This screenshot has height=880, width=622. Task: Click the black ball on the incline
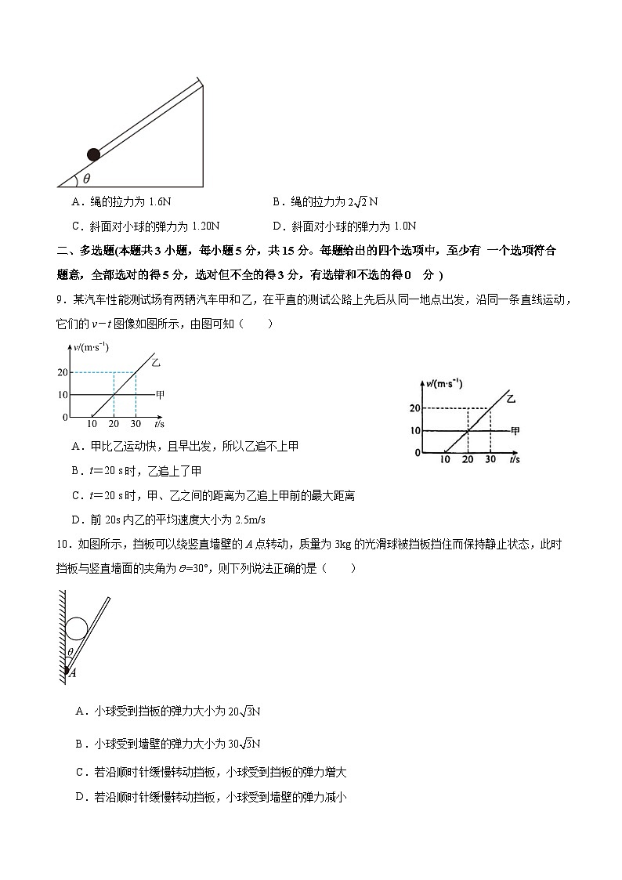coord(93,154)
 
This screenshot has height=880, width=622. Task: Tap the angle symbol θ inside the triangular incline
coord(87,178)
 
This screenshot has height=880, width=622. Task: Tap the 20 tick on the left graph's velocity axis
coord(63,372)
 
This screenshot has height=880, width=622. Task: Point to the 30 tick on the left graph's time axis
coord(136,424)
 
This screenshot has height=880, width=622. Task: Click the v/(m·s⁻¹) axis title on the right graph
coord(443,383)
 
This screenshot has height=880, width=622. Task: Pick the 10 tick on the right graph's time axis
coord(445,459)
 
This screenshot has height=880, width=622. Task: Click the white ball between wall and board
coord(78,628)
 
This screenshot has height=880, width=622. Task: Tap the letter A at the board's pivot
coord(72,672)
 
